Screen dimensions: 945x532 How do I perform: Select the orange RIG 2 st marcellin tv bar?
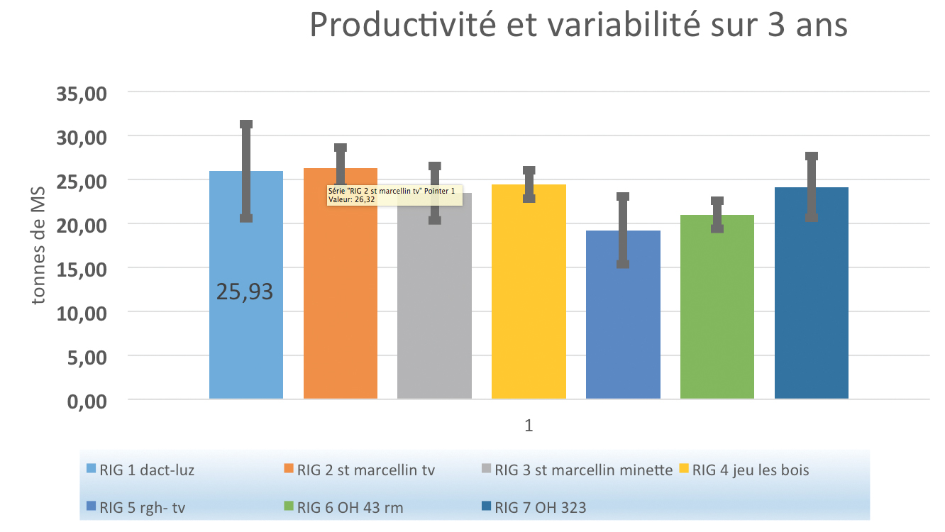point(341,295)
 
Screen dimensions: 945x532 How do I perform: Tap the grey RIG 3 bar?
point(434,304)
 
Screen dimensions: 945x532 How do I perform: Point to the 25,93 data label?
point(245,292)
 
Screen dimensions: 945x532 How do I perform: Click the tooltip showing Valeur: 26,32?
point(394,195)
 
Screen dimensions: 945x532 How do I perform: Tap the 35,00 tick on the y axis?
point(82,94)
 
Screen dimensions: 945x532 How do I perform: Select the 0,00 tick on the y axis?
point(87,401)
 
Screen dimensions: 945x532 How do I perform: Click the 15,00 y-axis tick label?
point(82,269)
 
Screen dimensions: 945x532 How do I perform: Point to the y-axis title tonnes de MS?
point(38,245)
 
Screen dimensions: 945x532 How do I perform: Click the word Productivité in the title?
point(402,24)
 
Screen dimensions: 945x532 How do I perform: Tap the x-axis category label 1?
point(529,426)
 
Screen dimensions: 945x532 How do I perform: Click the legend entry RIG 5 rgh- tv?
point(136,508)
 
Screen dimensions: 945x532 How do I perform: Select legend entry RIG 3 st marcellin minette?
point(577,470)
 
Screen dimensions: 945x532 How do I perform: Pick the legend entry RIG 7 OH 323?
point(534,508)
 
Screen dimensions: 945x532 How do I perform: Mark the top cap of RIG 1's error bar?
point(246,124)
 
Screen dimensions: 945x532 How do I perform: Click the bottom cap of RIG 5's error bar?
point(623,264)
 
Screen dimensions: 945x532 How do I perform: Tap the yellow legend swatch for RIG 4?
point(684,468)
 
